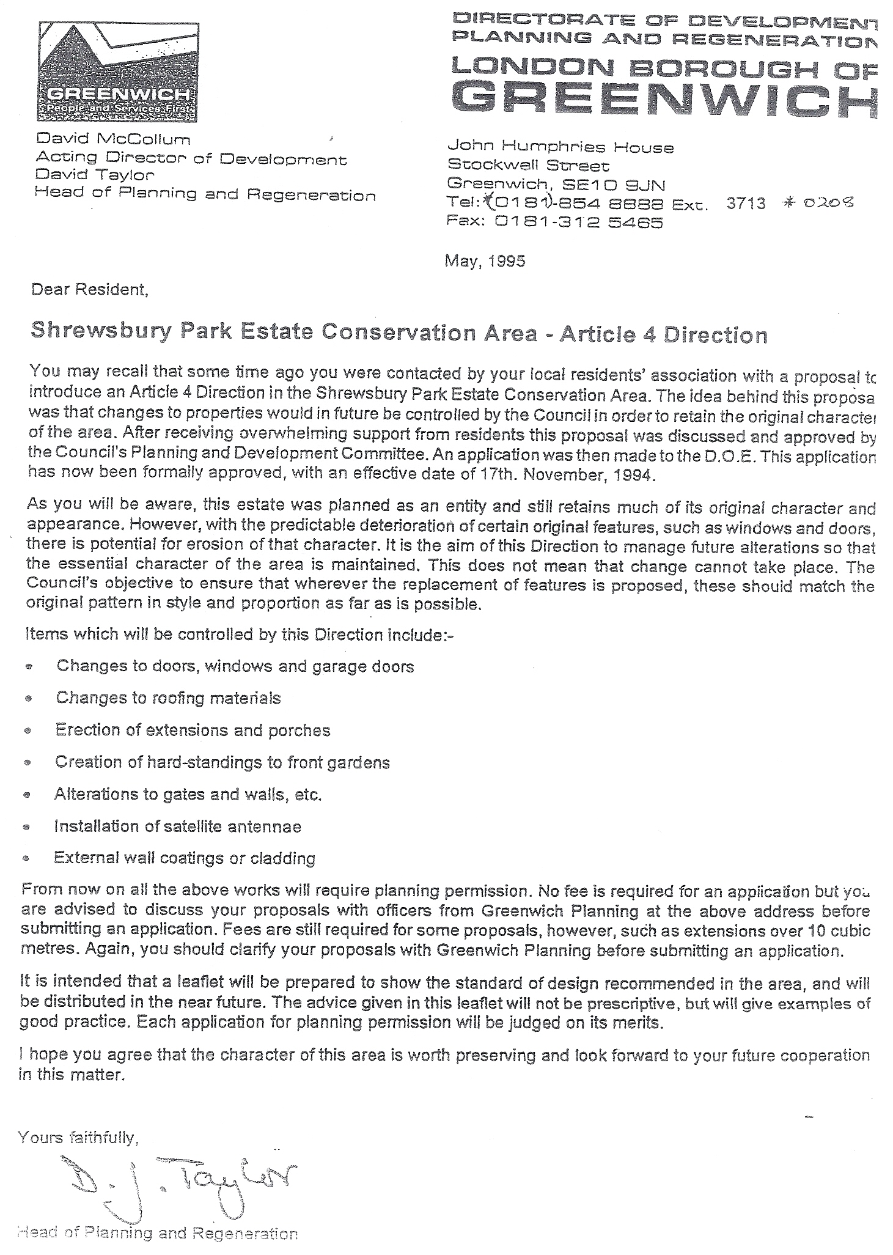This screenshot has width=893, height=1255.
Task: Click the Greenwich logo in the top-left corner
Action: tap(117, 71)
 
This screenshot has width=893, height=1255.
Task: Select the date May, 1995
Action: tap(485, 261)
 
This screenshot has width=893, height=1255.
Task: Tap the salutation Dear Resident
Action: tap(90, 289)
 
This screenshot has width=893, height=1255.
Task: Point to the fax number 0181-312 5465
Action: tap(578, 223)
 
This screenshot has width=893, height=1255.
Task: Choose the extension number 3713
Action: tap(746, 204)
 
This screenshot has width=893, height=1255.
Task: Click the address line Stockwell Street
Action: tap(528, 166)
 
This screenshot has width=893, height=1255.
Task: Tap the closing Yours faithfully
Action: tap(78, 1137)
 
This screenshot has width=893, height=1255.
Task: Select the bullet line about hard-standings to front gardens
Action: tap(222, 762)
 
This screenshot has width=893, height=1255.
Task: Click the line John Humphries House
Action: tap(560, 147)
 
